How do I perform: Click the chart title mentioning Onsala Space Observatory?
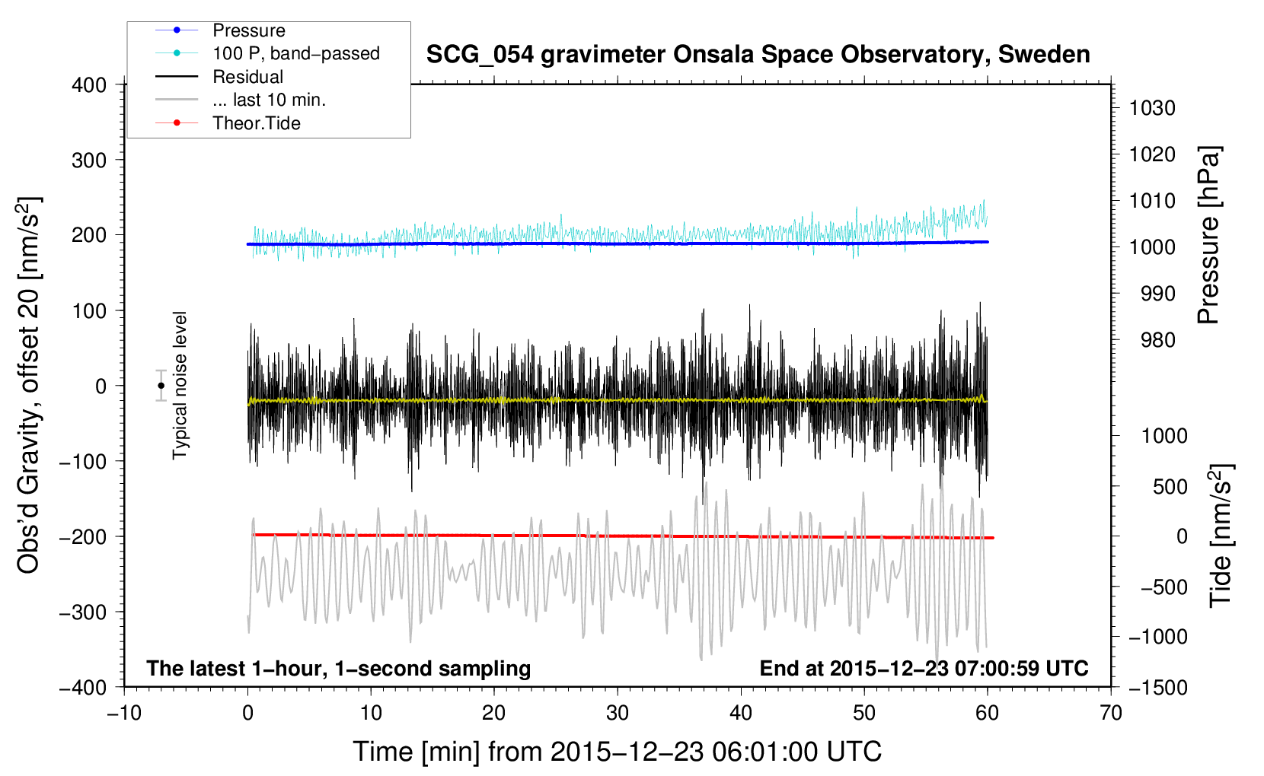(x=758, y=55)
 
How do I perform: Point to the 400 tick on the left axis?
(x=89, y=85)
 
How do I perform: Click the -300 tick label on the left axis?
(x=83, y=612)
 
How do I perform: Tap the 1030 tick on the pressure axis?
(x=1152, y=108)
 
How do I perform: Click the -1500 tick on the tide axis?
(x=1158, y=688)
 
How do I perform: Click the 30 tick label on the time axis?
(x=618, y=714)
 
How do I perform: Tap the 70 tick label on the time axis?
(x=1111, y=714)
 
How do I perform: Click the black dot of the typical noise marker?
(x=161, y=386)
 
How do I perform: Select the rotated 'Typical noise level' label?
(x=180, y=386)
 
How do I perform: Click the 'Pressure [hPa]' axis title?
(x=1208, y=235)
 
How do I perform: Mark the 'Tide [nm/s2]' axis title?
(x=1221, y=536)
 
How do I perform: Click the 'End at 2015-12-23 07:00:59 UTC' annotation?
(x=924, y=668)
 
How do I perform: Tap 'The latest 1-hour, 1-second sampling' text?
(x=339, y=669)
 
